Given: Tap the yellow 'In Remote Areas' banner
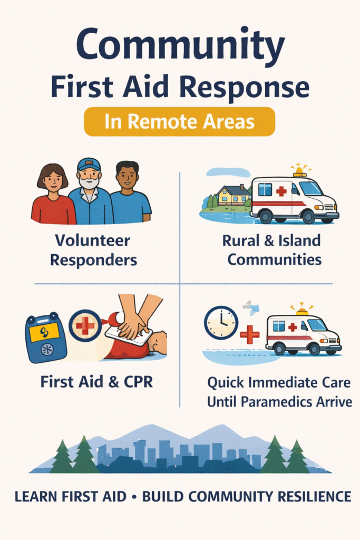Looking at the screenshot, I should click(179, 122).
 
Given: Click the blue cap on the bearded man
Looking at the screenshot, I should click(89, 165).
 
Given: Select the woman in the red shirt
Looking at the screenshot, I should click(53, 198).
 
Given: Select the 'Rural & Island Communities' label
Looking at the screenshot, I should click(271, 250).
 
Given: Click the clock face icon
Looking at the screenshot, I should click(220, 322).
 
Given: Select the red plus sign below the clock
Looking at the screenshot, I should click(249, 334).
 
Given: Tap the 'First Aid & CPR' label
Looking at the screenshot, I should click(96, 381).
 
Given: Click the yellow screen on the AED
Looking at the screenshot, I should click(44, 331).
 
